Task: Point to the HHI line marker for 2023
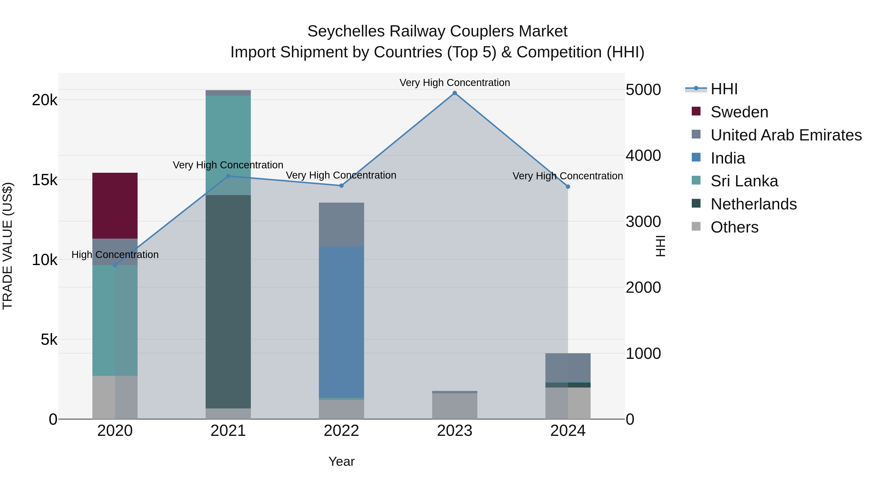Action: point(455,93)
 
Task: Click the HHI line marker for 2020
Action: point(115,265)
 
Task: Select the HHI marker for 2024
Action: point(568,187)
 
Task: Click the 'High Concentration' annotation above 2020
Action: point(115,255)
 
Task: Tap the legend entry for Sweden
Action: point(739,112)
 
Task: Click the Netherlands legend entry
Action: point(753,204)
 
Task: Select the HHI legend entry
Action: point(724,89)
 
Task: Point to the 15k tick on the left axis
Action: point(44,180)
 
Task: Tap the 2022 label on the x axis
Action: point(341,431)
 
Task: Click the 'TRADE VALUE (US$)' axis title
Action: point(8,246)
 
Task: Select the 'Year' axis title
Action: point(341,461)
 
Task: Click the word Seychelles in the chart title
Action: point(346,31)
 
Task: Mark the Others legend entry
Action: point(734,227)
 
